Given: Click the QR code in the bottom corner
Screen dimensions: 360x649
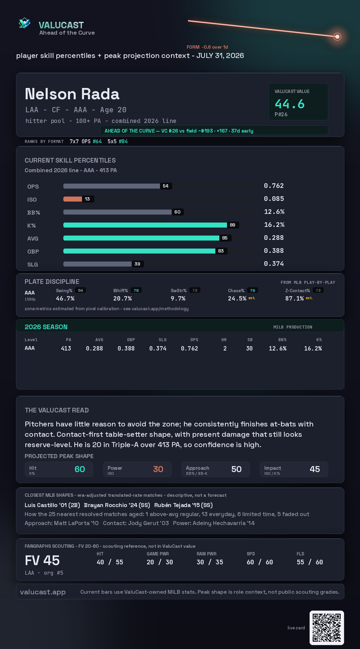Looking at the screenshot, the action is point(327,628).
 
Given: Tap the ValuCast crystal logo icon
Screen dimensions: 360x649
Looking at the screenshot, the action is point(24,23).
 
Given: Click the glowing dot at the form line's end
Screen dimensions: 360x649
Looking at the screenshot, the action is point(337,37).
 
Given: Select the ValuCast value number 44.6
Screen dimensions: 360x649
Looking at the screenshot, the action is point(290,104).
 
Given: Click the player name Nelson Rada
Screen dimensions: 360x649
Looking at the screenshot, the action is point(72,94).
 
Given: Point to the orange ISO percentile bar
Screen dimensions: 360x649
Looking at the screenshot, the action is point(73,199).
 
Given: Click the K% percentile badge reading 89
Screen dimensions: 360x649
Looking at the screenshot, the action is point(233,225).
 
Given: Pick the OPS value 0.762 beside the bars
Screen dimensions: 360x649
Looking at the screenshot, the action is point(274,186).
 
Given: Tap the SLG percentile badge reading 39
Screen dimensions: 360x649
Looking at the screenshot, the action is point(137,264).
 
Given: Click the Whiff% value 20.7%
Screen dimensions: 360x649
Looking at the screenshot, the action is point(122,299).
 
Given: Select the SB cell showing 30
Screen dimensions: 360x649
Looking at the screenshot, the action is point(249,348).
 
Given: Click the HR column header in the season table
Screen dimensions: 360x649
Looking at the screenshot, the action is point(224,340).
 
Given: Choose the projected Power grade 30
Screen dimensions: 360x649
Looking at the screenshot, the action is point(158,469).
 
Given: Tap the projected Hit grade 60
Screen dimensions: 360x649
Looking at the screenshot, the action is point(80,469).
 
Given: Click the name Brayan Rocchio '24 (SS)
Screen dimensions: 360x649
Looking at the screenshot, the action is point(117,505).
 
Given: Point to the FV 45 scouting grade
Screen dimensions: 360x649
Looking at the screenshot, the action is point(42,560).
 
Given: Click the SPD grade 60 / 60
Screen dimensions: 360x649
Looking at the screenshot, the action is point(260,562).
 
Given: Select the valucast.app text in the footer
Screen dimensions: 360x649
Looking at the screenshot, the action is point(43,592).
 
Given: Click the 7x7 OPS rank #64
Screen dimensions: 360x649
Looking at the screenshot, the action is point(97,141).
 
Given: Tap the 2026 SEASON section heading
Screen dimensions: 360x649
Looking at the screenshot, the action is point(46,327).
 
